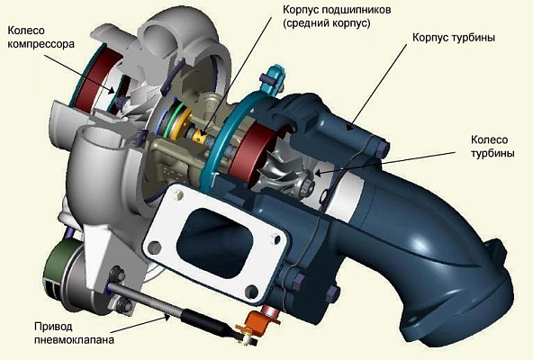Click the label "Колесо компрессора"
pos(41,37)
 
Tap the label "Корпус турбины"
pos(454,38)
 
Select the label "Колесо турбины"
pos(492,146)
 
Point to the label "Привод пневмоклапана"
pos(74,333)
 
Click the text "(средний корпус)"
pos(327,23)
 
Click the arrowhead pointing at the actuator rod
pos(167,317)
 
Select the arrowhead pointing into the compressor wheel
pos(111,89)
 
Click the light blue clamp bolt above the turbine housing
pos(274,80)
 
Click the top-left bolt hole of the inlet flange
pos(177,194)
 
